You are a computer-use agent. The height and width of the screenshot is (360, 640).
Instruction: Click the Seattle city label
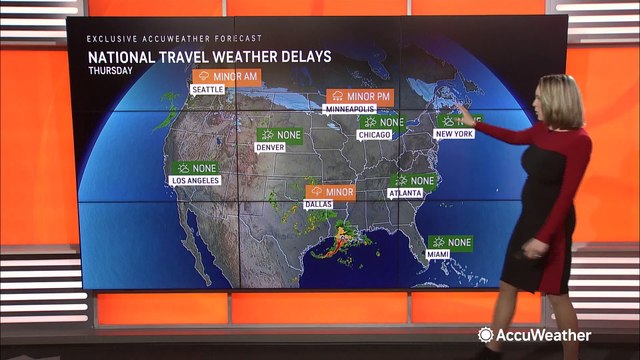click(207, 89)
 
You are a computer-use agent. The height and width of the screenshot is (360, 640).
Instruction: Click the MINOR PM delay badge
click(355, 96)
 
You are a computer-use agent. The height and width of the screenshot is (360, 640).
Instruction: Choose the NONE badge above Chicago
click(382, 122)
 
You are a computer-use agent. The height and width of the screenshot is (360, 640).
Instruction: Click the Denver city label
click(271, 146)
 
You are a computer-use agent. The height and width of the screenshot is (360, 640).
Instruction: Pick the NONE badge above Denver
click(280, 133)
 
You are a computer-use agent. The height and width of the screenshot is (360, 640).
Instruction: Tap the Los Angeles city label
click(195, 181)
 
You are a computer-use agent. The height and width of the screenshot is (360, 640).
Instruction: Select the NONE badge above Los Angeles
click(196, 168)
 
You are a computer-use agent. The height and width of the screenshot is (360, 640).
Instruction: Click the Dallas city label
click(318, 203)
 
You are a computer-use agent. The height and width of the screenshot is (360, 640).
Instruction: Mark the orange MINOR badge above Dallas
click(330, 190)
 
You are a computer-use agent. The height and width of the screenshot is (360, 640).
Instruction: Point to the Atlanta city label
click(405, 193)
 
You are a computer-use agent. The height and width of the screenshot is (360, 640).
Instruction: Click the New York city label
click(453, 133)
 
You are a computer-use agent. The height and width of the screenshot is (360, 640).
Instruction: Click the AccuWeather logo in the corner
click(534, 335)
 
